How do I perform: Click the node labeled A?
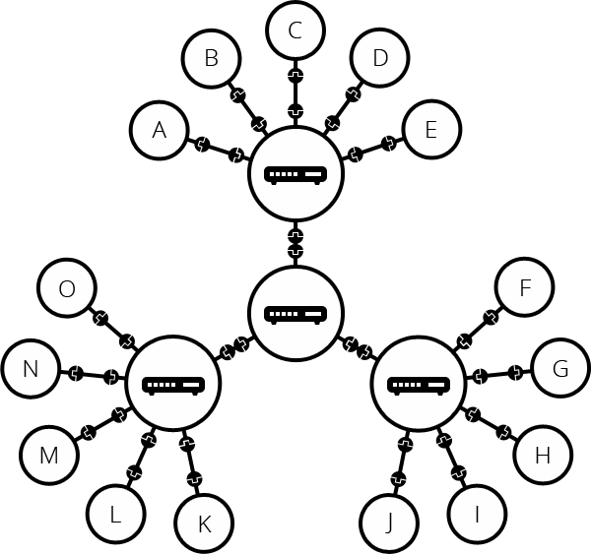[160, 129]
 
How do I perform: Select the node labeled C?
[295, 31]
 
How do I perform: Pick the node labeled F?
[524, 288]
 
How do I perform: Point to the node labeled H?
[541, 456]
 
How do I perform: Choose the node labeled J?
[388, 522]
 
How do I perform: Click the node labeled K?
[204, 523]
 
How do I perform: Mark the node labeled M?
[49, 456]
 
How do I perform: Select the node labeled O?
[67, 288]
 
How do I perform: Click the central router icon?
[295, 314]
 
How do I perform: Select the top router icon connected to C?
[295, 174]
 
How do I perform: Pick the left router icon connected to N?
[174, 384]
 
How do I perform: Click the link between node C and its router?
[295, 90]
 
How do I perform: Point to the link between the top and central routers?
[295, 243]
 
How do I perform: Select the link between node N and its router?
[94, 375]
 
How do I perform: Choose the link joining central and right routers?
[357, 348]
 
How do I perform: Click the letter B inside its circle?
[211, 58]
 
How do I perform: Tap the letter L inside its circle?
[115, 513]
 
